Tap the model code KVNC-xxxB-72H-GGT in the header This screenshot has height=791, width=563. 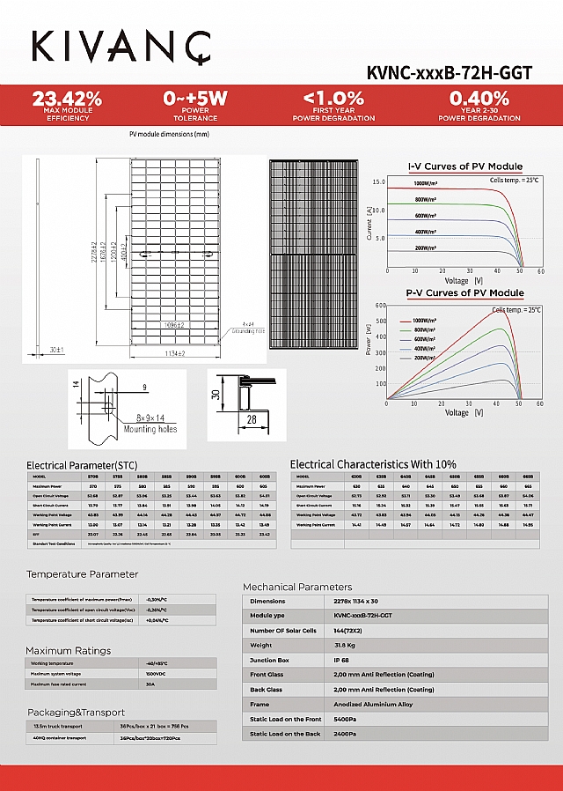(x=449, y=73)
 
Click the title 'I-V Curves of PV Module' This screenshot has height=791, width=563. (x=465, y=166)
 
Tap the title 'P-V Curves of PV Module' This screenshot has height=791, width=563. (x=464, y=292)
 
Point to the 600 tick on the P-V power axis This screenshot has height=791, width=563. (x=381, y=306)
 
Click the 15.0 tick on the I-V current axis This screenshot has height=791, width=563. (x=379, y=181)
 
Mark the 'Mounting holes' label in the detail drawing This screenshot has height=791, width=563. (x=150, y=429)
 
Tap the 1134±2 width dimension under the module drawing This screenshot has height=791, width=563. (x=175, y=353)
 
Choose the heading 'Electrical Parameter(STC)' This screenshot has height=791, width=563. (x=82, y=465)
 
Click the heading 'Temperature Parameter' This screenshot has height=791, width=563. (x=82, y=574)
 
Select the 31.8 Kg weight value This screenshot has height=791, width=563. (x=347, y=646)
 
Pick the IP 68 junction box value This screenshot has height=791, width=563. (x=343, y=661)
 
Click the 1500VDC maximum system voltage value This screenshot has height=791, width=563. (x=157, y=674)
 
